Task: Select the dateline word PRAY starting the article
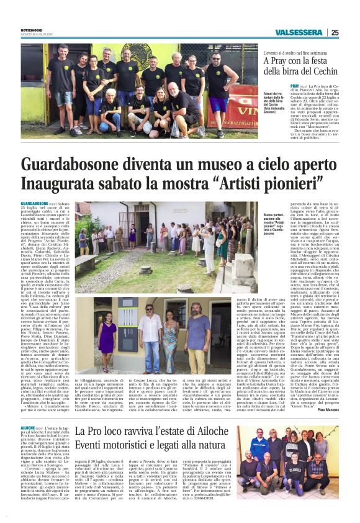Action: point(295,84)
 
